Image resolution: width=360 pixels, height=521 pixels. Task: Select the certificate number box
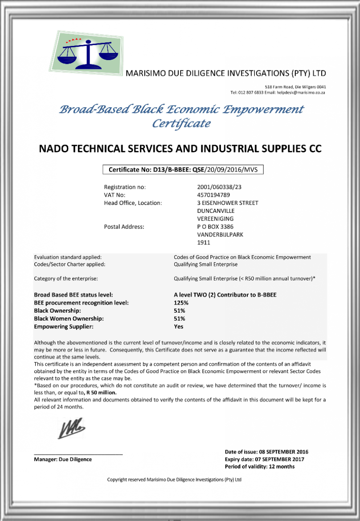point(183,170)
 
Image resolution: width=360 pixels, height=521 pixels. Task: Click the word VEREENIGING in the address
point(215,219)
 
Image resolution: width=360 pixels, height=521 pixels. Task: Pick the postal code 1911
point(203,243)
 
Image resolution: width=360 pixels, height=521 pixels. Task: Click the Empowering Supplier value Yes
point(178,326)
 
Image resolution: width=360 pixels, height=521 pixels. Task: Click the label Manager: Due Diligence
point(63,459)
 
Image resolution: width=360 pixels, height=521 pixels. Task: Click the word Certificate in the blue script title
point(181,123)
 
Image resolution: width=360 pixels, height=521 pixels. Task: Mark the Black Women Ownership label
point(69,318)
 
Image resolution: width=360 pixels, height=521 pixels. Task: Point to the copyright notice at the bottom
point(174,480)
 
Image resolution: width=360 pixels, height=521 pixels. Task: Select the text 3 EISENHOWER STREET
point(228,203)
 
